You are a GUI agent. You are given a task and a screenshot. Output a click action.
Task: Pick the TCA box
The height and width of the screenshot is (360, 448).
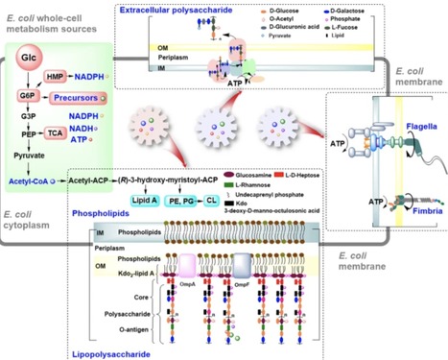coord(56,136)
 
